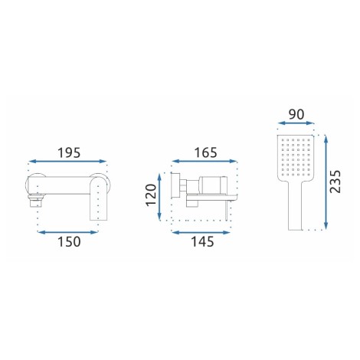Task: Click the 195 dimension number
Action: (69, 153)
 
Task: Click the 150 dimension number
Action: (69, 241)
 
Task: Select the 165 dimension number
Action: (205, 152)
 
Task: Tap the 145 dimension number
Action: (202, 241)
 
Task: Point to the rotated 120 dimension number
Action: (151, 195)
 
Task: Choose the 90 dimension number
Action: (296, 114)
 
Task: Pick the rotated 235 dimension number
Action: (335, 182)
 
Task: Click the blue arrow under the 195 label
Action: (67, 161)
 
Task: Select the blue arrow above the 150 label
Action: (67, 232)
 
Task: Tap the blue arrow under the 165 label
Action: (205, 161)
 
